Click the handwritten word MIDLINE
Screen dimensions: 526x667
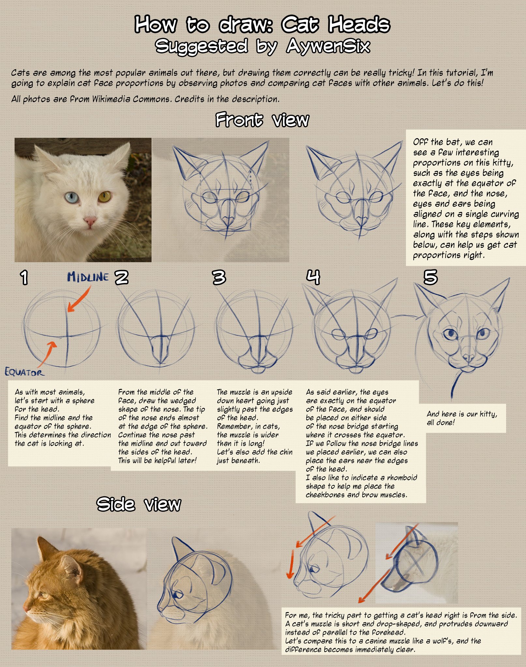click(88, 277)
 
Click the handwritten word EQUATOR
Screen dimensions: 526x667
click(24, 372)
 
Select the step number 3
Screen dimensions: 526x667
click(219, 277)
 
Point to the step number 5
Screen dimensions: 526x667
click(430, 277)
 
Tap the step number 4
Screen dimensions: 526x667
click(313, 277)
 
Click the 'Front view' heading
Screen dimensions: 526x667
click(262, 120)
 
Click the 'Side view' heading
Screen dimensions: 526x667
click(139, 504)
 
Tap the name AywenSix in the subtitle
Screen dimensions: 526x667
click(328, 46)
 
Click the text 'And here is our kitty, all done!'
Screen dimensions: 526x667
click(462, 418)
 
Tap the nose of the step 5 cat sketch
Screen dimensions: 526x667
click(469, 357)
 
